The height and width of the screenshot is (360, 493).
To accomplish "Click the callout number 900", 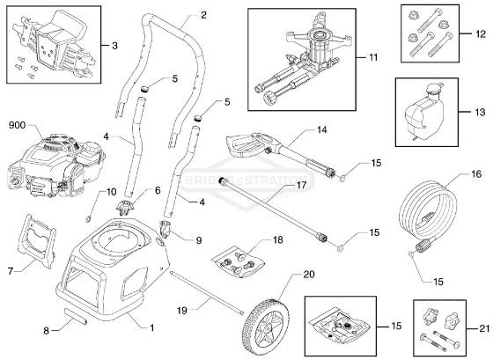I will pos(18,125).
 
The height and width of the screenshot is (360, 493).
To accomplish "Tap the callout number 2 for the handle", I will pos(203,15).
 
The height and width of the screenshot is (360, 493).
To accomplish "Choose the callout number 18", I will pos(278,239).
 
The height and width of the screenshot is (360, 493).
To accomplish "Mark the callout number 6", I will pos(158,190).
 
